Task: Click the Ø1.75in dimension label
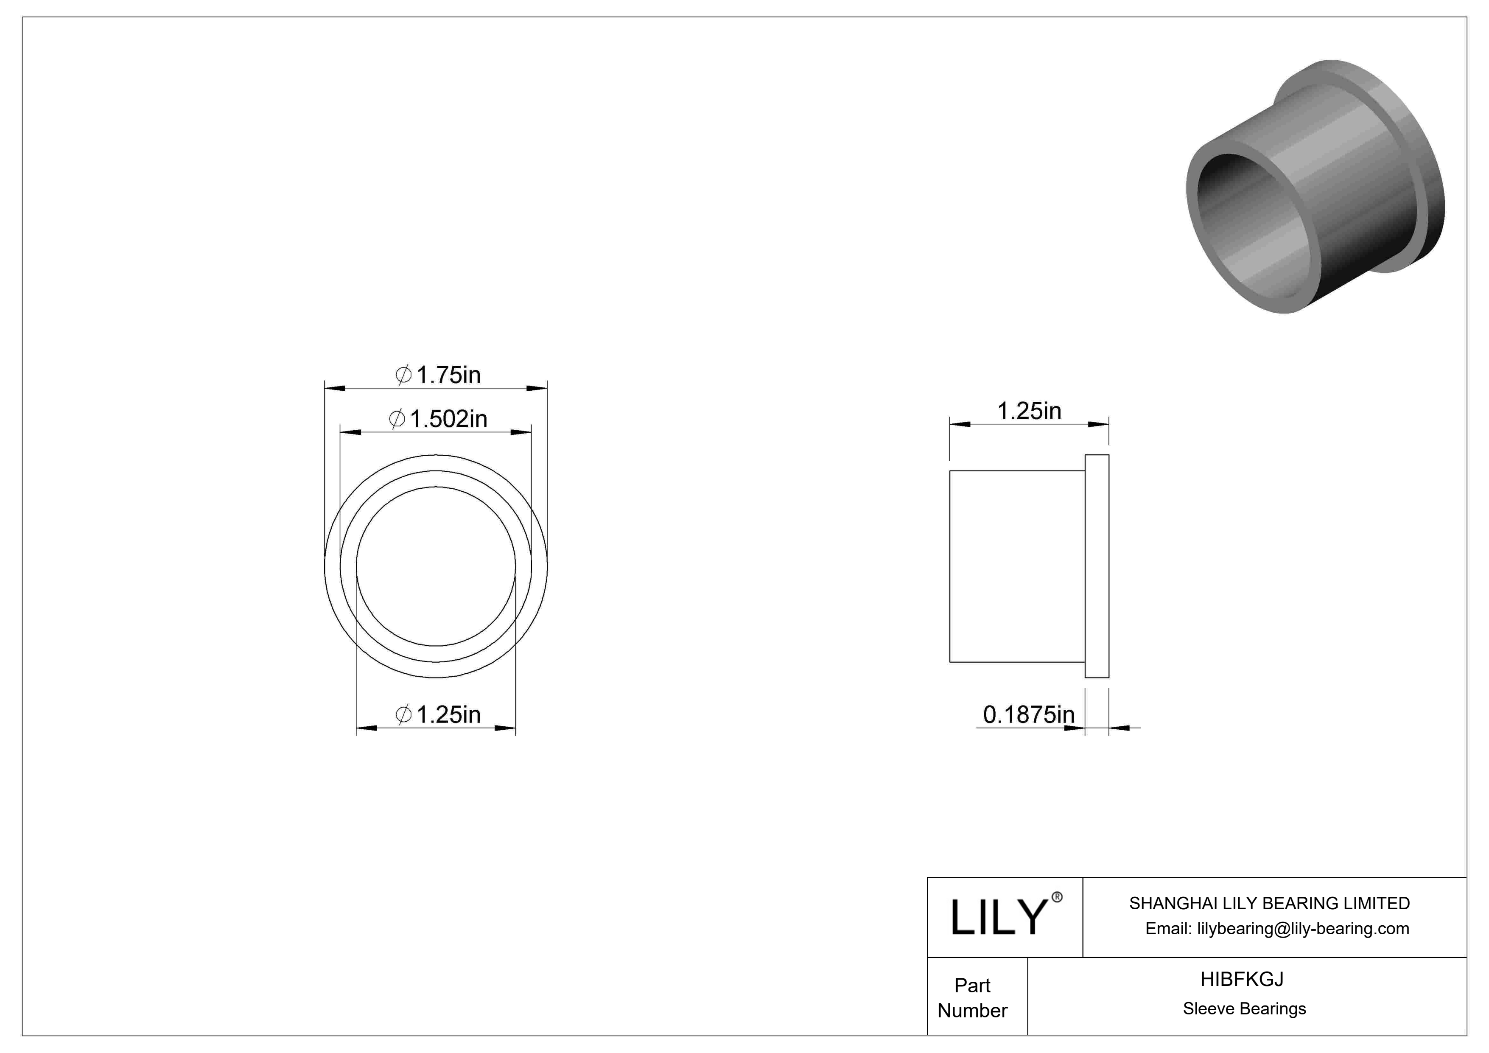[x=438, y=375]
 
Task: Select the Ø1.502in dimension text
[x=438, y=419]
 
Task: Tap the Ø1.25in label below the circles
[x=438, y=714]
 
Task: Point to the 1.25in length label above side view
[x=1029, y=410]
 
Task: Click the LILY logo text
[x=999, y=918]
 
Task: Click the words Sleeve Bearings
[x=1244, y=1009]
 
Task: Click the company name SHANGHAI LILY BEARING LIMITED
[x=1269, y=903]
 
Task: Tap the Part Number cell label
[x=972, y=998]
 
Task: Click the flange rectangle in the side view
[x=1097, y=566]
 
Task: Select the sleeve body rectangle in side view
[x=1017, y=566]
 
